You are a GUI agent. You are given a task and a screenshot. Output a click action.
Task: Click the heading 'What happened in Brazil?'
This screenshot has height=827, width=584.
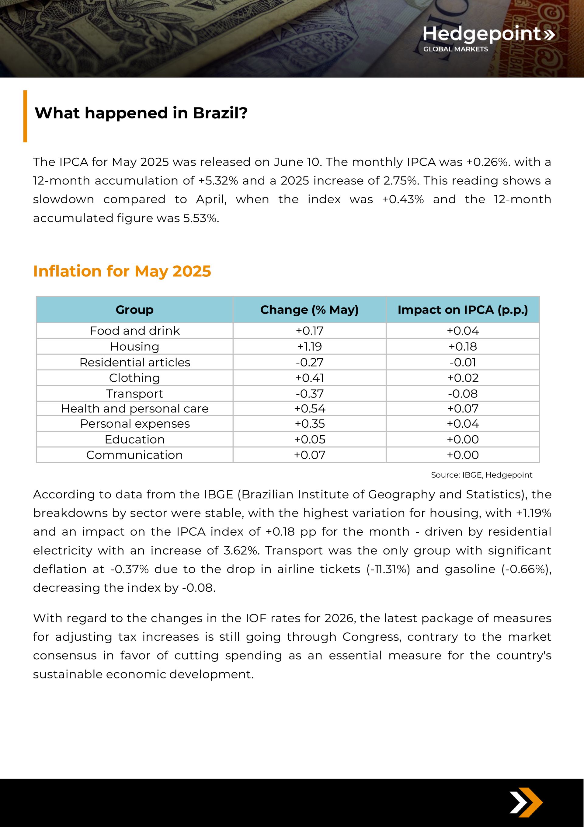pos(141,113)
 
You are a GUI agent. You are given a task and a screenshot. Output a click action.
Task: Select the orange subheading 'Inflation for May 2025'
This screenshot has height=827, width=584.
pos(122,271)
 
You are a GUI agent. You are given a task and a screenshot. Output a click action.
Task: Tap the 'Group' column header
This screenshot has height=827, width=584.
pos(135,310)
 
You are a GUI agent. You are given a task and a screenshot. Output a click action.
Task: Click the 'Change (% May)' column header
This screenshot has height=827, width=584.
pos(310,310)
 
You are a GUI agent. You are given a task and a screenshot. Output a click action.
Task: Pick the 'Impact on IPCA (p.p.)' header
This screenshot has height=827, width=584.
pos(463,310)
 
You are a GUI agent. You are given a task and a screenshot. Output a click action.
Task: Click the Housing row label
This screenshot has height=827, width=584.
pos(135,346)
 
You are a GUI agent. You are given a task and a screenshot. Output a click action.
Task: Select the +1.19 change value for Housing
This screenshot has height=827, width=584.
pos(310,346)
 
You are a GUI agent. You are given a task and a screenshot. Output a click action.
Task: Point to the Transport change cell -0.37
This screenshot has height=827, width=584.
pos(310,394)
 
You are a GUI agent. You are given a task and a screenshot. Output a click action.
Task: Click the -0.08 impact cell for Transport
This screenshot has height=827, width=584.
pos(463,394)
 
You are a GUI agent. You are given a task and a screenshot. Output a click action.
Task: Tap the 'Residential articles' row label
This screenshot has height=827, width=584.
pos(135,362)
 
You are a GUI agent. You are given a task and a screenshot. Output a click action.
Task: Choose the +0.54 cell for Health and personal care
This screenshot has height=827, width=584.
pos(310,408)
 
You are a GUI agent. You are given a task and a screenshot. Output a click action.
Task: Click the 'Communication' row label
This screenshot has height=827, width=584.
pos(135,455)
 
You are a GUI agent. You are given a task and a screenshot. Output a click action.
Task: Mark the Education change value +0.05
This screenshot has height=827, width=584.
pos(310,440)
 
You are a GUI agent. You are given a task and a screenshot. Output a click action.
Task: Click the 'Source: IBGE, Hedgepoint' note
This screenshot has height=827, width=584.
pos(482,475)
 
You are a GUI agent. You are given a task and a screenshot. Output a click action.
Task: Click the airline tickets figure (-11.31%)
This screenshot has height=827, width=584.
pos(388,569)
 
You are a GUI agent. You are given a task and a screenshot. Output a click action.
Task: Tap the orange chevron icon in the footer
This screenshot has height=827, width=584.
pos(526,803)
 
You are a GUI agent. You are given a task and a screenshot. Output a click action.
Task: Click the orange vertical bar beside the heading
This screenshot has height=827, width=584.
pos(25,116)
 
